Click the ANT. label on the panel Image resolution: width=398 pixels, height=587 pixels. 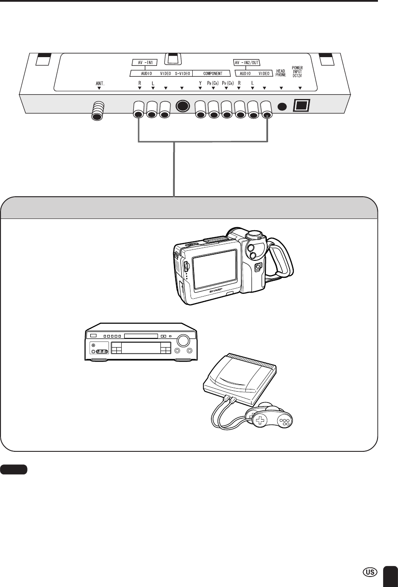pyautogui.click(x=99, y=81)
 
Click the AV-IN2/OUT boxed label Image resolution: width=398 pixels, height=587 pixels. pyautogui.click(x=246, y=62)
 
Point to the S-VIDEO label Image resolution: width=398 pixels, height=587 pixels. pyautogui.click(x=184, y=73)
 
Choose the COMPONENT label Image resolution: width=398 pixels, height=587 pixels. pyautogui.click(x=213, y=73)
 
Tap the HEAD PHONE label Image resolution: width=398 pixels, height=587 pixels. pyautogui.click(x=281, y=73)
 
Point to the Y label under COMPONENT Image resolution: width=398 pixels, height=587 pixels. pyautogui.click(x=200, y=81)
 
